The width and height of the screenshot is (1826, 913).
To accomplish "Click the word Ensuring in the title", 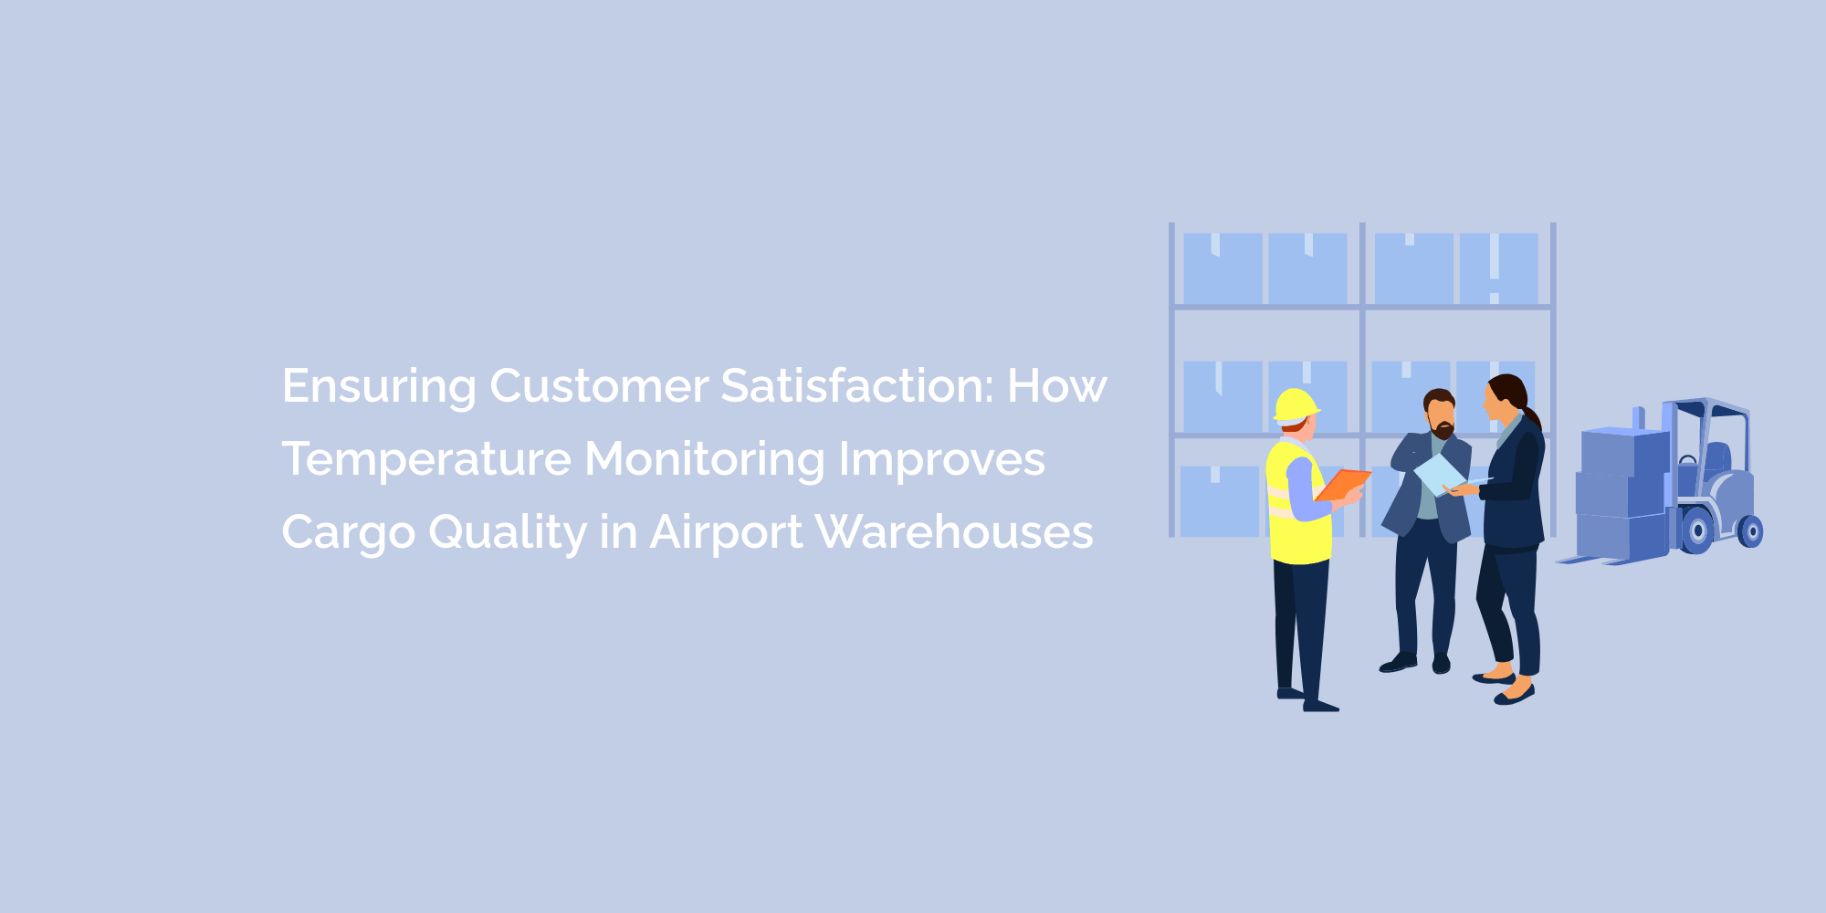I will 379,387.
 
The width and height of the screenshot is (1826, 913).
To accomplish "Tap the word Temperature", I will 426,459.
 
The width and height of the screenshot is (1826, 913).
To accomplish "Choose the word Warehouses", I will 953,532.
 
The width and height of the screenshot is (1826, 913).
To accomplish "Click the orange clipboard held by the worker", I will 1342,484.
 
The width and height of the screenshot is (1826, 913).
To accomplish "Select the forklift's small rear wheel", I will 1750,530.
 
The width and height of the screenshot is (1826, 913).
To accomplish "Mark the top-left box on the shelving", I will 1222,268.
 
